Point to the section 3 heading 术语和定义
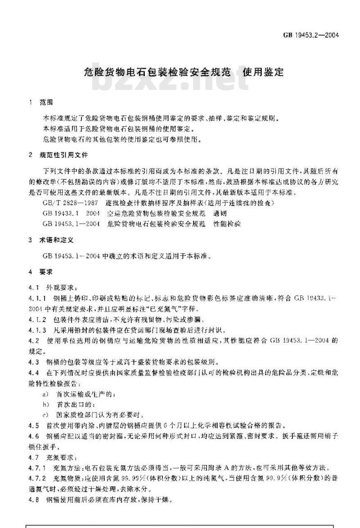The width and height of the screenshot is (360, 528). point(56,240)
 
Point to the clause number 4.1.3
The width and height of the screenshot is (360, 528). point(37,330)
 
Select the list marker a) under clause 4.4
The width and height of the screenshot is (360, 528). point(45,394)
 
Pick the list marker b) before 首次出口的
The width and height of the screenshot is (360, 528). point(45,404)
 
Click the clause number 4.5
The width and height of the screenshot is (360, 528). point(33,425)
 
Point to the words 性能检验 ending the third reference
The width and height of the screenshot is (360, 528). point(227,224)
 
